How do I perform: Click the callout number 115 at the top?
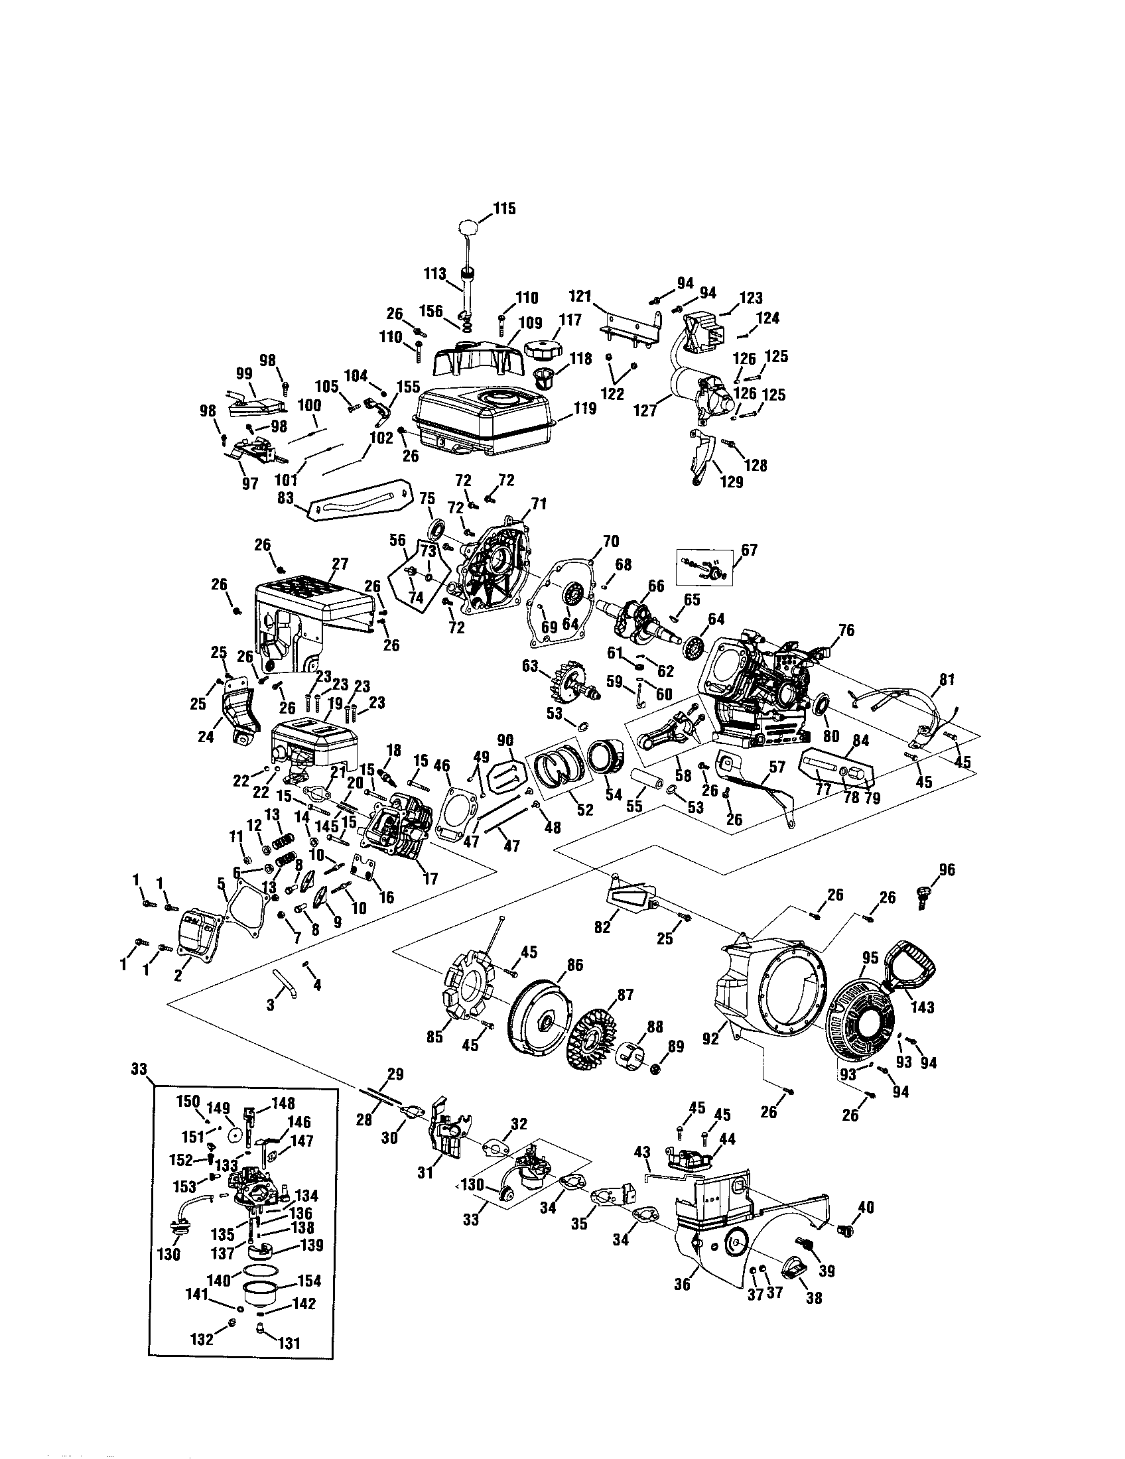(x=504, y=209)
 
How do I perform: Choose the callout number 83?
(x=285, y=498)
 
